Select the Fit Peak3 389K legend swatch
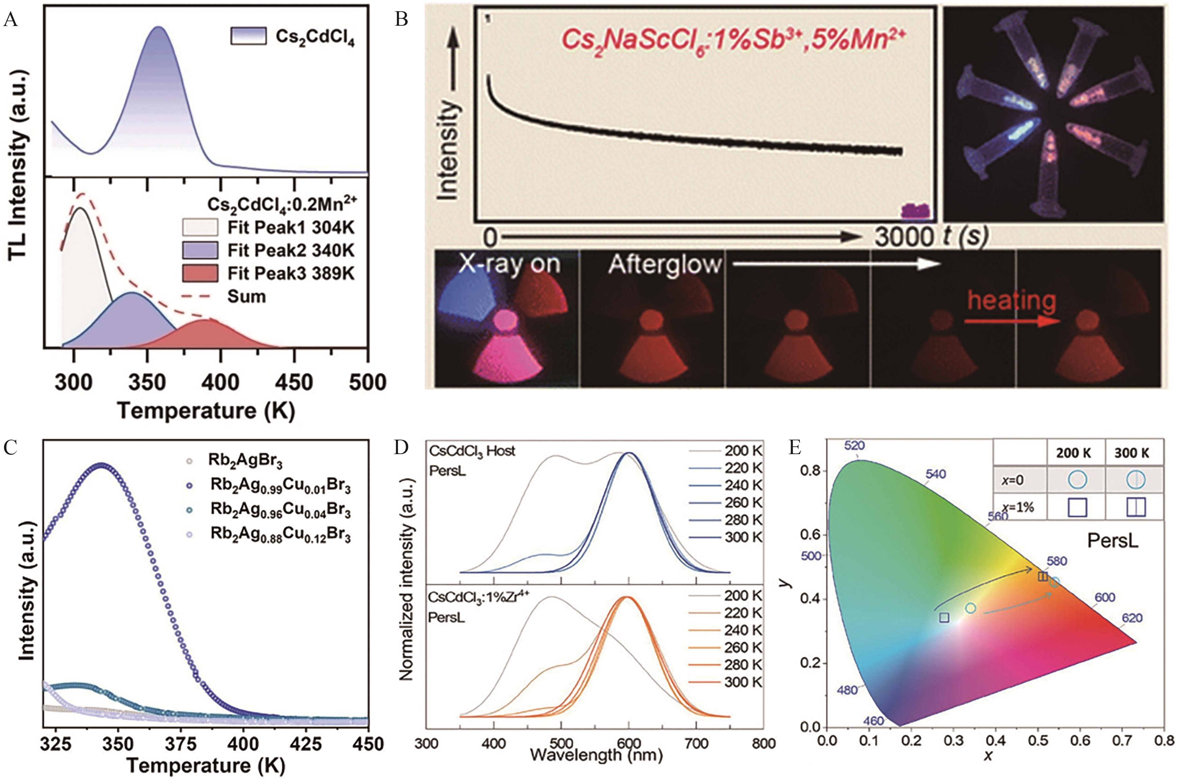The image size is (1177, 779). coord(200,273)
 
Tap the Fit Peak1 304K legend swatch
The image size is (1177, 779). coord(200,228)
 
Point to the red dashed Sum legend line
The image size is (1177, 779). coord(200,297)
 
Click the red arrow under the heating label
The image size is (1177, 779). coord(1011,321)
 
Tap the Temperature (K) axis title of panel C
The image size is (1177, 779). coord(205,765)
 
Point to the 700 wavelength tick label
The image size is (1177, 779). coord(696,743)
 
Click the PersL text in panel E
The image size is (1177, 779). coord(1112,541)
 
